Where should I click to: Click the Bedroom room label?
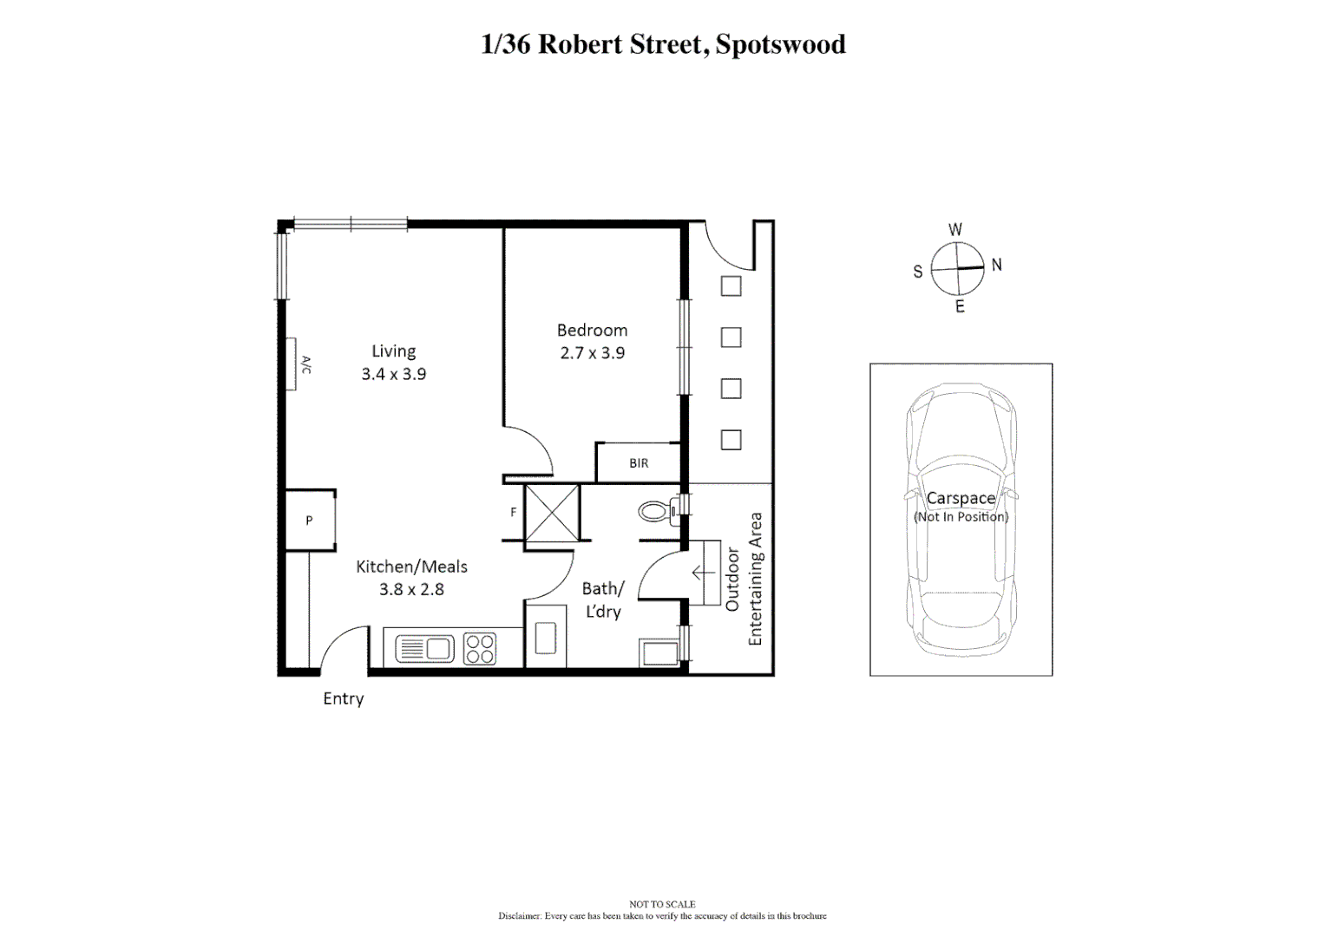[592, 331]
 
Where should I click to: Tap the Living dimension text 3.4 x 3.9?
[394, 374]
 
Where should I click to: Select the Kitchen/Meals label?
[411, 567]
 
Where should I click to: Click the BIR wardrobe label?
[639, 463]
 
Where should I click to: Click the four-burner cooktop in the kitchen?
[480, 649]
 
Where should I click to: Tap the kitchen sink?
[425, 649]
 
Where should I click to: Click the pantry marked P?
[309, 521]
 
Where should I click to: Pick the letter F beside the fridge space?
[513, 513]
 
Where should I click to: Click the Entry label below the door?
[343, 698]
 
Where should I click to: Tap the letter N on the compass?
[996, 265]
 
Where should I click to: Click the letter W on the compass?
[954, 230]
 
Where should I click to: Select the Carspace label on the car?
[961, 498]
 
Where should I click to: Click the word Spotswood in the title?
[780, 44]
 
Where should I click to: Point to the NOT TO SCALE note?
[662, 904]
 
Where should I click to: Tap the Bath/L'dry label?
[603, 600]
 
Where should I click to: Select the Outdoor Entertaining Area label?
[744, 579]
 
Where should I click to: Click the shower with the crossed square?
[552, 513]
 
